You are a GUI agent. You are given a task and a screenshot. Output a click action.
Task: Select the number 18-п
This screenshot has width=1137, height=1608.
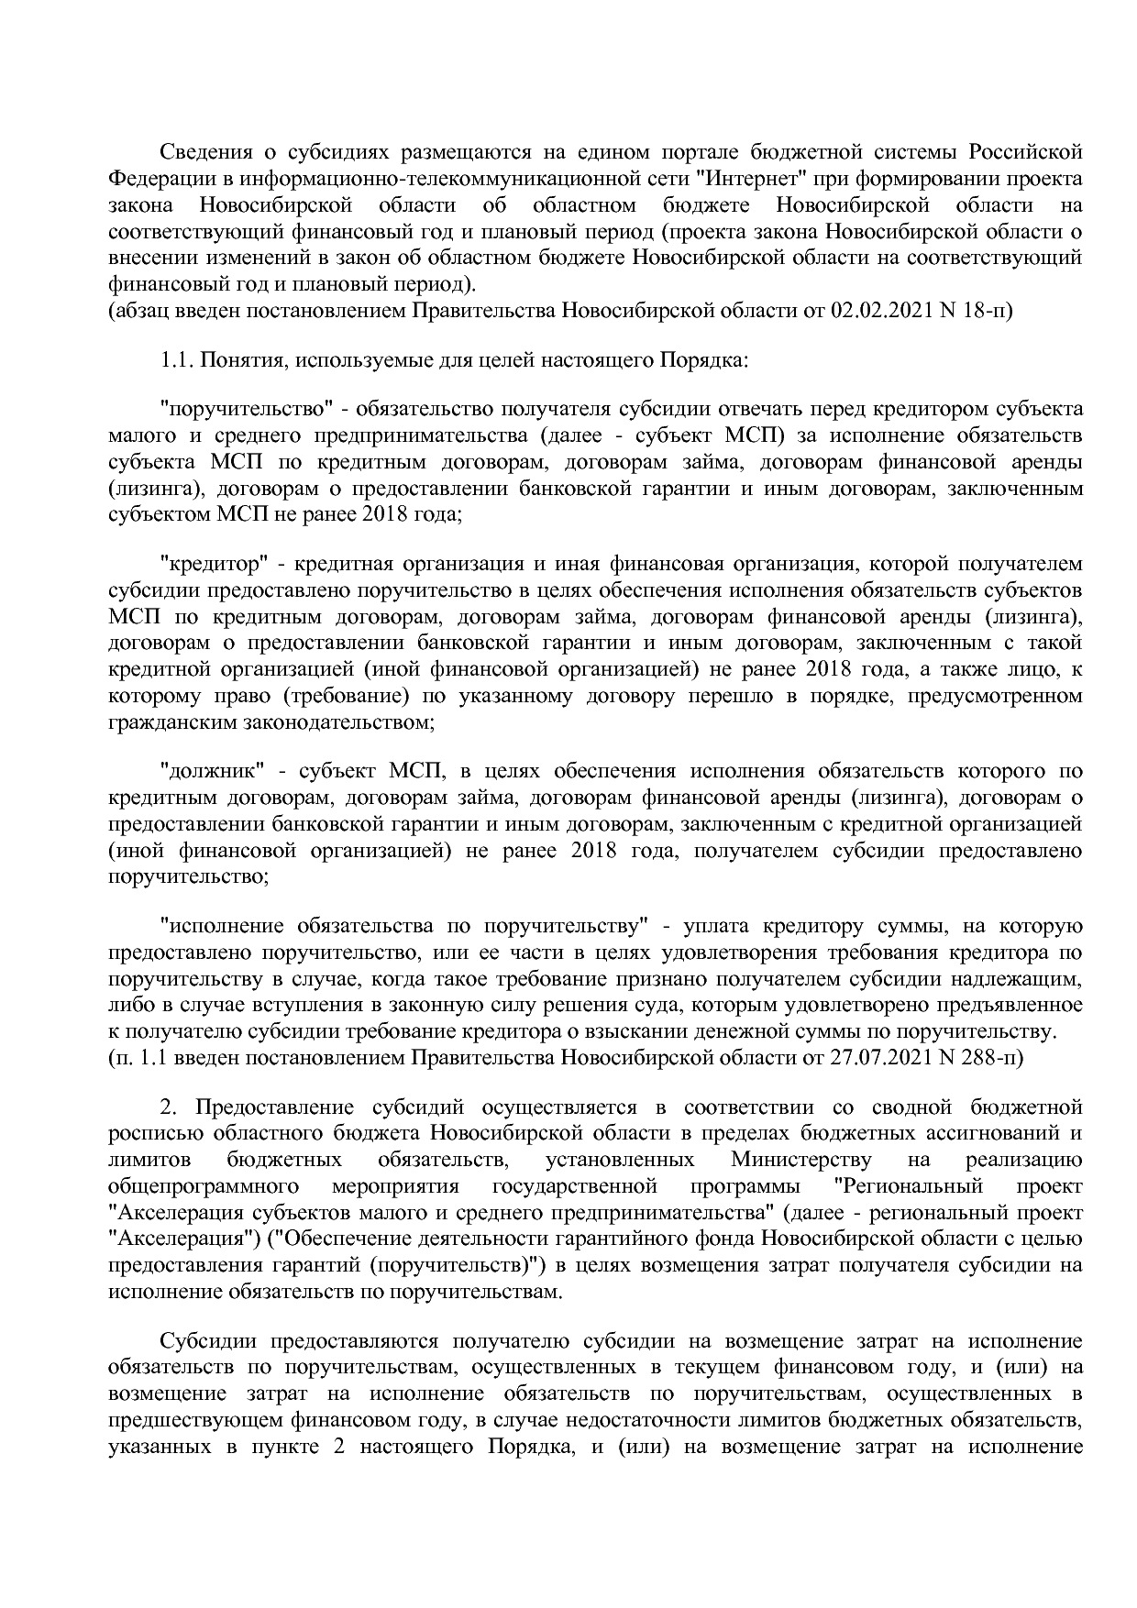point(987,310)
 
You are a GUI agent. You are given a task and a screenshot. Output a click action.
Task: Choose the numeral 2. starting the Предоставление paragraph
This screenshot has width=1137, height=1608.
point(167,1107)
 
